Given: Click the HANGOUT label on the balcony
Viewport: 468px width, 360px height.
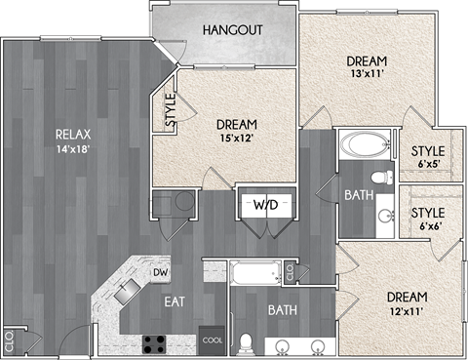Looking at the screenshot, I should pos(232,30).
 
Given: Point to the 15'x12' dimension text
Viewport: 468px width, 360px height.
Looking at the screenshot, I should pos(237,139).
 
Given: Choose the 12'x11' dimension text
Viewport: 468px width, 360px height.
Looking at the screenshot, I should pos(407,311).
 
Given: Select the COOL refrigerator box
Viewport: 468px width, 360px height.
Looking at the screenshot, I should pos(212,340).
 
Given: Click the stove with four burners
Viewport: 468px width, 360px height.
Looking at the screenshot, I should pos(155,342).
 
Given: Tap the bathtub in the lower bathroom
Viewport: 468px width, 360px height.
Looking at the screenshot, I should pos(254,272).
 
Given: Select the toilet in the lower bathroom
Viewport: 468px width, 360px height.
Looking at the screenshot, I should pos(248,342).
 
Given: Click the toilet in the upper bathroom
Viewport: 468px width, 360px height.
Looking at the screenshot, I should pos(386,176).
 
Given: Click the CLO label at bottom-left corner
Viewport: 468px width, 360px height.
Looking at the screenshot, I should pos(9,342).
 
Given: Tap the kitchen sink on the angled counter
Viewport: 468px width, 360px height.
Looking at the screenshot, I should pos(127,290).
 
